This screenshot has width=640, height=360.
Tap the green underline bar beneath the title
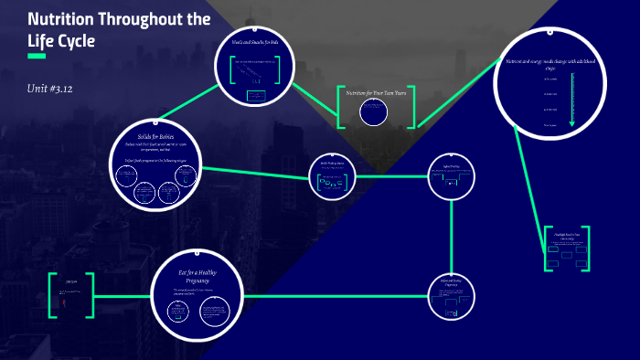(x=37, y=57)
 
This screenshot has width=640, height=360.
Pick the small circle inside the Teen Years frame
(x=373, y=111)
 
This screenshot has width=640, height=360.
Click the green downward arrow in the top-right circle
(x=572, y=101)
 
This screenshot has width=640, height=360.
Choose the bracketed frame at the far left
(x=71, y=294)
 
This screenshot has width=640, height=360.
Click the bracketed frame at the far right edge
(x=567, y=248)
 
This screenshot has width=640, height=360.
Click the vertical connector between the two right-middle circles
(x=452, y=235)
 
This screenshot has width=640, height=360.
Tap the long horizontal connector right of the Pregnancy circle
(x=338, y=295)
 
